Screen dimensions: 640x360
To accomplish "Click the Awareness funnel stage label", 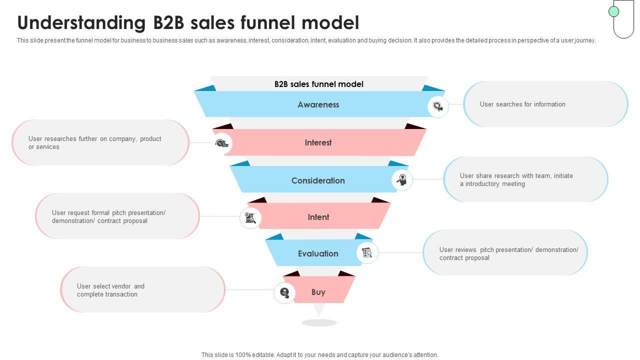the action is point(318,104).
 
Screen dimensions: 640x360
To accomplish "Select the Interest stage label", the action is point(318,142).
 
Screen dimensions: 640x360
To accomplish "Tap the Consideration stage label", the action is point(318,180).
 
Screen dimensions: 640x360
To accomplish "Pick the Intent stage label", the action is point(318,217).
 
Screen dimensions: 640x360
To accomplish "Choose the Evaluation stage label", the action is point(318,253).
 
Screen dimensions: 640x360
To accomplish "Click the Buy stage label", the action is point(318,292).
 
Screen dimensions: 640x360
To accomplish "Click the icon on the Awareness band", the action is point(437,107).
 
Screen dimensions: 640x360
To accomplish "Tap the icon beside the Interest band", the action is point(221,143).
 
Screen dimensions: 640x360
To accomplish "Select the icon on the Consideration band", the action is point(402,179).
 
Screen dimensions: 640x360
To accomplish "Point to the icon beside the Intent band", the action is point(250,218).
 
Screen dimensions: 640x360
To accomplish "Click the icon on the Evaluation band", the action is point(367,253).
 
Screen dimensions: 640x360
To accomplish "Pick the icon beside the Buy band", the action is point(284,292).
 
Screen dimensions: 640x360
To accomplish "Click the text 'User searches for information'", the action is point(522,104).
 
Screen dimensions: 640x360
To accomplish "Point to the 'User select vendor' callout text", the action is point(110,290).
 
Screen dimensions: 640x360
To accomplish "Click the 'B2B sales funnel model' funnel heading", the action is point(319,84).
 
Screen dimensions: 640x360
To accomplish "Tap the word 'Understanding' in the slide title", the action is point(81,23).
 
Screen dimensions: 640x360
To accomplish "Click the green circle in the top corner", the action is point(613,11).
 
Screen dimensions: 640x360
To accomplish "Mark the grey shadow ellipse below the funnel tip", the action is point(319,323).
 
